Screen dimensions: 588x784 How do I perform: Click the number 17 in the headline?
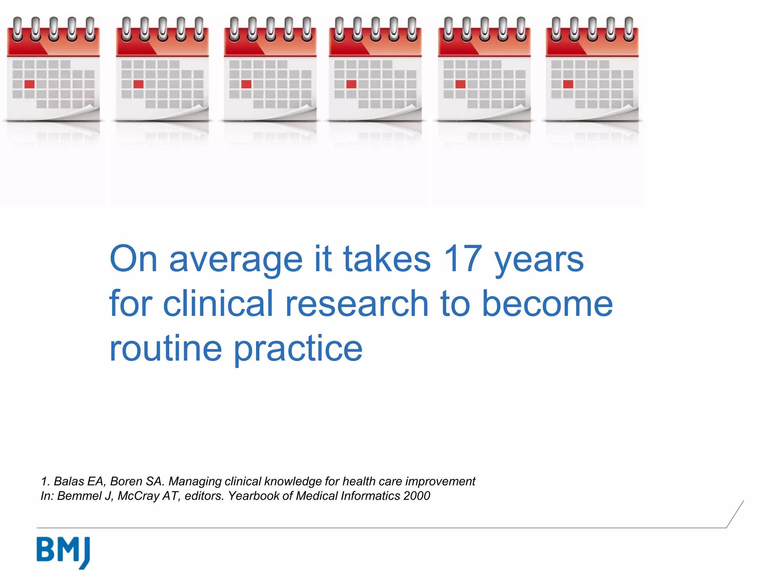click(x=462, y=259)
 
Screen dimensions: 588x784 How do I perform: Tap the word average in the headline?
click(x=236, y=261)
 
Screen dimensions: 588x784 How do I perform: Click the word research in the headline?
click(x=357, y=304)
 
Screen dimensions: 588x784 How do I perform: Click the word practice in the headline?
click(x=298, y=349)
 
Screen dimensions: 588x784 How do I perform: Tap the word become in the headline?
click(x=547, y=304)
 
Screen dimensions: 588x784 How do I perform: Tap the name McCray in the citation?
click(x=138, y=496)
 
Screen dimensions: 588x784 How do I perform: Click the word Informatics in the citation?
click(x=370, y=496)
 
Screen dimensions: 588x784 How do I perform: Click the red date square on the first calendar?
click(x=29, y=84)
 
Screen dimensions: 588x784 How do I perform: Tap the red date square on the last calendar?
click(x=568, y=84)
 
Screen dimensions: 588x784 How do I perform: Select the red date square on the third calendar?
click(x=246, y=84)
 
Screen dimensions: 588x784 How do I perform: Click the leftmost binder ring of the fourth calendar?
click(x=339, y=29)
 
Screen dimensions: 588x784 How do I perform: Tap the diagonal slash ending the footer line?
click(x=735, y=514)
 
